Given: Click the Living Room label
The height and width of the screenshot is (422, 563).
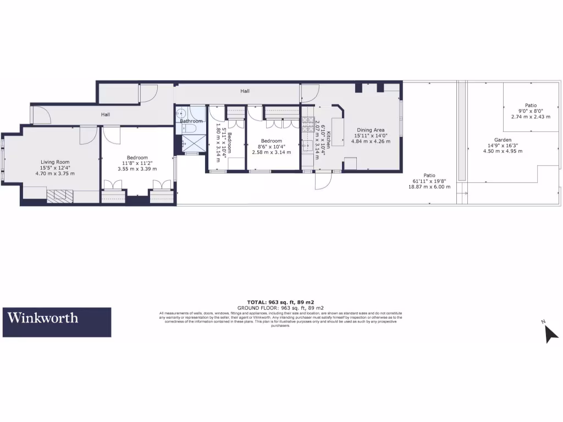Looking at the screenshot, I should click(55, 162).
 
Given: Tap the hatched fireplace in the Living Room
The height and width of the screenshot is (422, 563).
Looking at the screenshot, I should click(56, 196).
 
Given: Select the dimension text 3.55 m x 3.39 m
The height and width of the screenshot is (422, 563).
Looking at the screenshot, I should click(137, 169).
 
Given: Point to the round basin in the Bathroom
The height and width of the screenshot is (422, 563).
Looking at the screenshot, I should click(181, 113).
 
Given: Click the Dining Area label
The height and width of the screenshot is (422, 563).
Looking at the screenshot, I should click(372, 130).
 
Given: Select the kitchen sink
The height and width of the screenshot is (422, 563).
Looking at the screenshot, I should click(308, 146).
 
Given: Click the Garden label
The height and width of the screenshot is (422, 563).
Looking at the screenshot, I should click(503, 140).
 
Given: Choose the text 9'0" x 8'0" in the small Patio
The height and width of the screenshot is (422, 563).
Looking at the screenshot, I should click(530, 111).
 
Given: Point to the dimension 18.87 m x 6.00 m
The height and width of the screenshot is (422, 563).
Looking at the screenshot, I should click(429, 187).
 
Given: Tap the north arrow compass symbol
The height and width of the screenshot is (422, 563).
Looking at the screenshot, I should click(550, 333).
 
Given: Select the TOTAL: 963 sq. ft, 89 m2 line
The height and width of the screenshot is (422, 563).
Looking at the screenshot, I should click(280, 302).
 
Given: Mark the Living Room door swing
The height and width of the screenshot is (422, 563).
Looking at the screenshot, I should click(87, 135).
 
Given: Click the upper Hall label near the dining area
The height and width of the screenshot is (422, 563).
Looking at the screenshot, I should click(245, 91).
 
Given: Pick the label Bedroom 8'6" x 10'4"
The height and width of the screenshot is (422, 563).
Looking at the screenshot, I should click(271, 143).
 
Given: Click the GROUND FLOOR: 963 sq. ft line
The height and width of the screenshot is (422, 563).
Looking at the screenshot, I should click(280, 308).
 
